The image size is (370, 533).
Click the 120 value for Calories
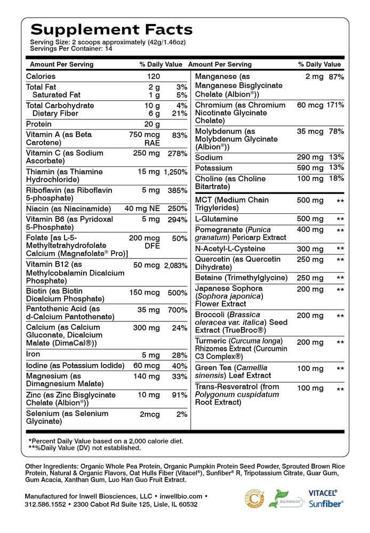click(x=154, y=76)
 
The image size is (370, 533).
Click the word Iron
click(x=33, y=354)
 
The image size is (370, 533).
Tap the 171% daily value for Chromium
click(x=335, y=105)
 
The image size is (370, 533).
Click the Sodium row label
click(x=209, y=158)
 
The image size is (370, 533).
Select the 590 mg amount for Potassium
click(x=310, y=168)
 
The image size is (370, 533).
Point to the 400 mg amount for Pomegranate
click(x=310, y=230)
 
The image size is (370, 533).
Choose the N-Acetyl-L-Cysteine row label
click(x=230, y=249)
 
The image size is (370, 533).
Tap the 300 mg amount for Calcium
click(x=147, y=328)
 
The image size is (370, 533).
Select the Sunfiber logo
click(x=326, y=503)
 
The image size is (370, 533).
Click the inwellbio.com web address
click(x=181, y=496)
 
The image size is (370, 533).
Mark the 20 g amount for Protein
click(x=154, y=124)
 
